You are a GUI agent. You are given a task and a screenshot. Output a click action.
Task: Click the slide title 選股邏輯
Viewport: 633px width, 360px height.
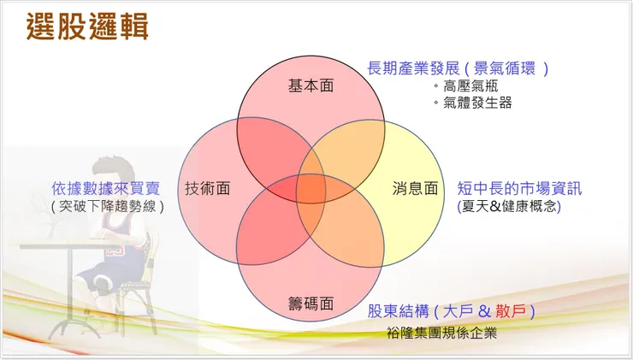coord(87,27)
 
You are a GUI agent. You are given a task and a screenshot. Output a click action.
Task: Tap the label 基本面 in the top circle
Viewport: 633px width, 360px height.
coord(311,86)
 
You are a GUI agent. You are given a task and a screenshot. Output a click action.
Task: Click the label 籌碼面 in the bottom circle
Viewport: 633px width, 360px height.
coord(310,304)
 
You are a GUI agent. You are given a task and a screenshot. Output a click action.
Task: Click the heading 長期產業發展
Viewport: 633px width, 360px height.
coord(414,68)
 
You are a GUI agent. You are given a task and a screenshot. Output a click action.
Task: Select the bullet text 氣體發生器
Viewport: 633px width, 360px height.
coord(476,103)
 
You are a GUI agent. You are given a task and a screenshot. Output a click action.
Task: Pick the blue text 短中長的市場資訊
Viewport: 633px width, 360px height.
coord(519,188)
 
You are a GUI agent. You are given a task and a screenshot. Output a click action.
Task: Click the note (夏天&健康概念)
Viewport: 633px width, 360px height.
coord(509,206)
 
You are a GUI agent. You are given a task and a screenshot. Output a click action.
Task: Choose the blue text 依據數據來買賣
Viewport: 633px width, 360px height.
coord(105,188)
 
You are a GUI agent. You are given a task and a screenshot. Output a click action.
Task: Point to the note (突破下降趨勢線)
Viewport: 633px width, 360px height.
coord(106,206)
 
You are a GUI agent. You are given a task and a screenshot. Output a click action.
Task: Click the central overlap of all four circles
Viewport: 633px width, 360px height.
coord(311,188)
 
